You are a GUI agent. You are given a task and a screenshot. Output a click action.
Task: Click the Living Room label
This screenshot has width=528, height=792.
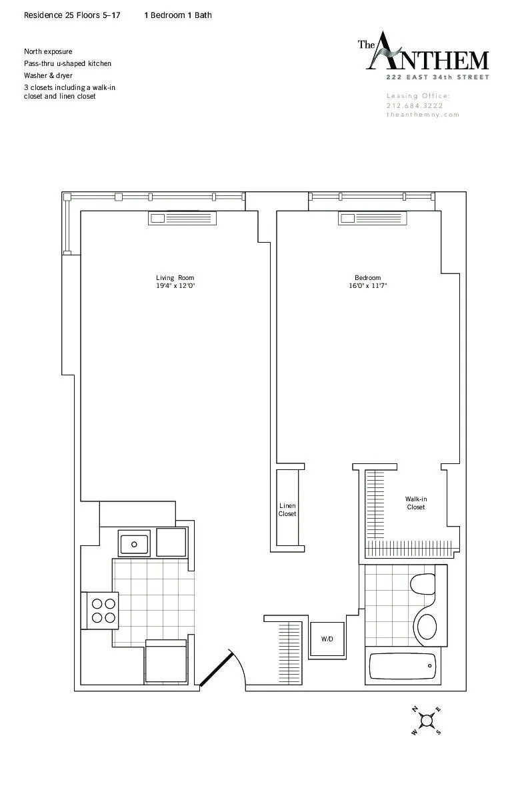click(175, 278)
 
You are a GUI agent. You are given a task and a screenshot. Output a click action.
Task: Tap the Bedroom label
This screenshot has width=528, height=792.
click(367, 278)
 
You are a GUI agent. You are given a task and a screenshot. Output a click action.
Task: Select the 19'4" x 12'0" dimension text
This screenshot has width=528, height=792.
click(175, 286)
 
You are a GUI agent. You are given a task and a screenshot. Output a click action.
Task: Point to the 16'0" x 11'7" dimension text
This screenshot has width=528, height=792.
click(367, 286)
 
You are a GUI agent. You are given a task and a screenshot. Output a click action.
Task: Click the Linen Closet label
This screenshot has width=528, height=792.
click(287, 510)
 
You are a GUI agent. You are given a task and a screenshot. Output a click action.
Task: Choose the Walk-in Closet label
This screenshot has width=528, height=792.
click(416, 503)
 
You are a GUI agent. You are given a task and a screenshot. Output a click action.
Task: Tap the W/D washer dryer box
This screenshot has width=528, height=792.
click(327, 639)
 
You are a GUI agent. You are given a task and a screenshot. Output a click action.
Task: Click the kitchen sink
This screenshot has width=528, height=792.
click(135, 543)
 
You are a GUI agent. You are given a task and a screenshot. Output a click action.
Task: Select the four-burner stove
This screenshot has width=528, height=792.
click(100, 611)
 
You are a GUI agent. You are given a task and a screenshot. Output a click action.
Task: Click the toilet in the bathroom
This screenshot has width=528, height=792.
click(422, 584)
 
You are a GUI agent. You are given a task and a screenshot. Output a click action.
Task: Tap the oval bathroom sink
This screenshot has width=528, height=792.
click(426, 626)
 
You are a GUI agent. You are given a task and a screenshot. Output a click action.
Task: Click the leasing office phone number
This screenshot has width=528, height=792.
click(415, 105)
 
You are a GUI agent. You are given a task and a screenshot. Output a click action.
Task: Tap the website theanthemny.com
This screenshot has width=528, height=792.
click(423, 115)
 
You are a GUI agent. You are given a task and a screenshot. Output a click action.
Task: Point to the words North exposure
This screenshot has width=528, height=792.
click(48, 51)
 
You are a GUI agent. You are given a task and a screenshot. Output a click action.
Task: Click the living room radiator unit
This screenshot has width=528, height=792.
click(182, 218)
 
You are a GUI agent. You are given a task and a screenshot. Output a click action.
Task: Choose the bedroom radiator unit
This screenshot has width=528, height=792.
click(372, 218)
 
